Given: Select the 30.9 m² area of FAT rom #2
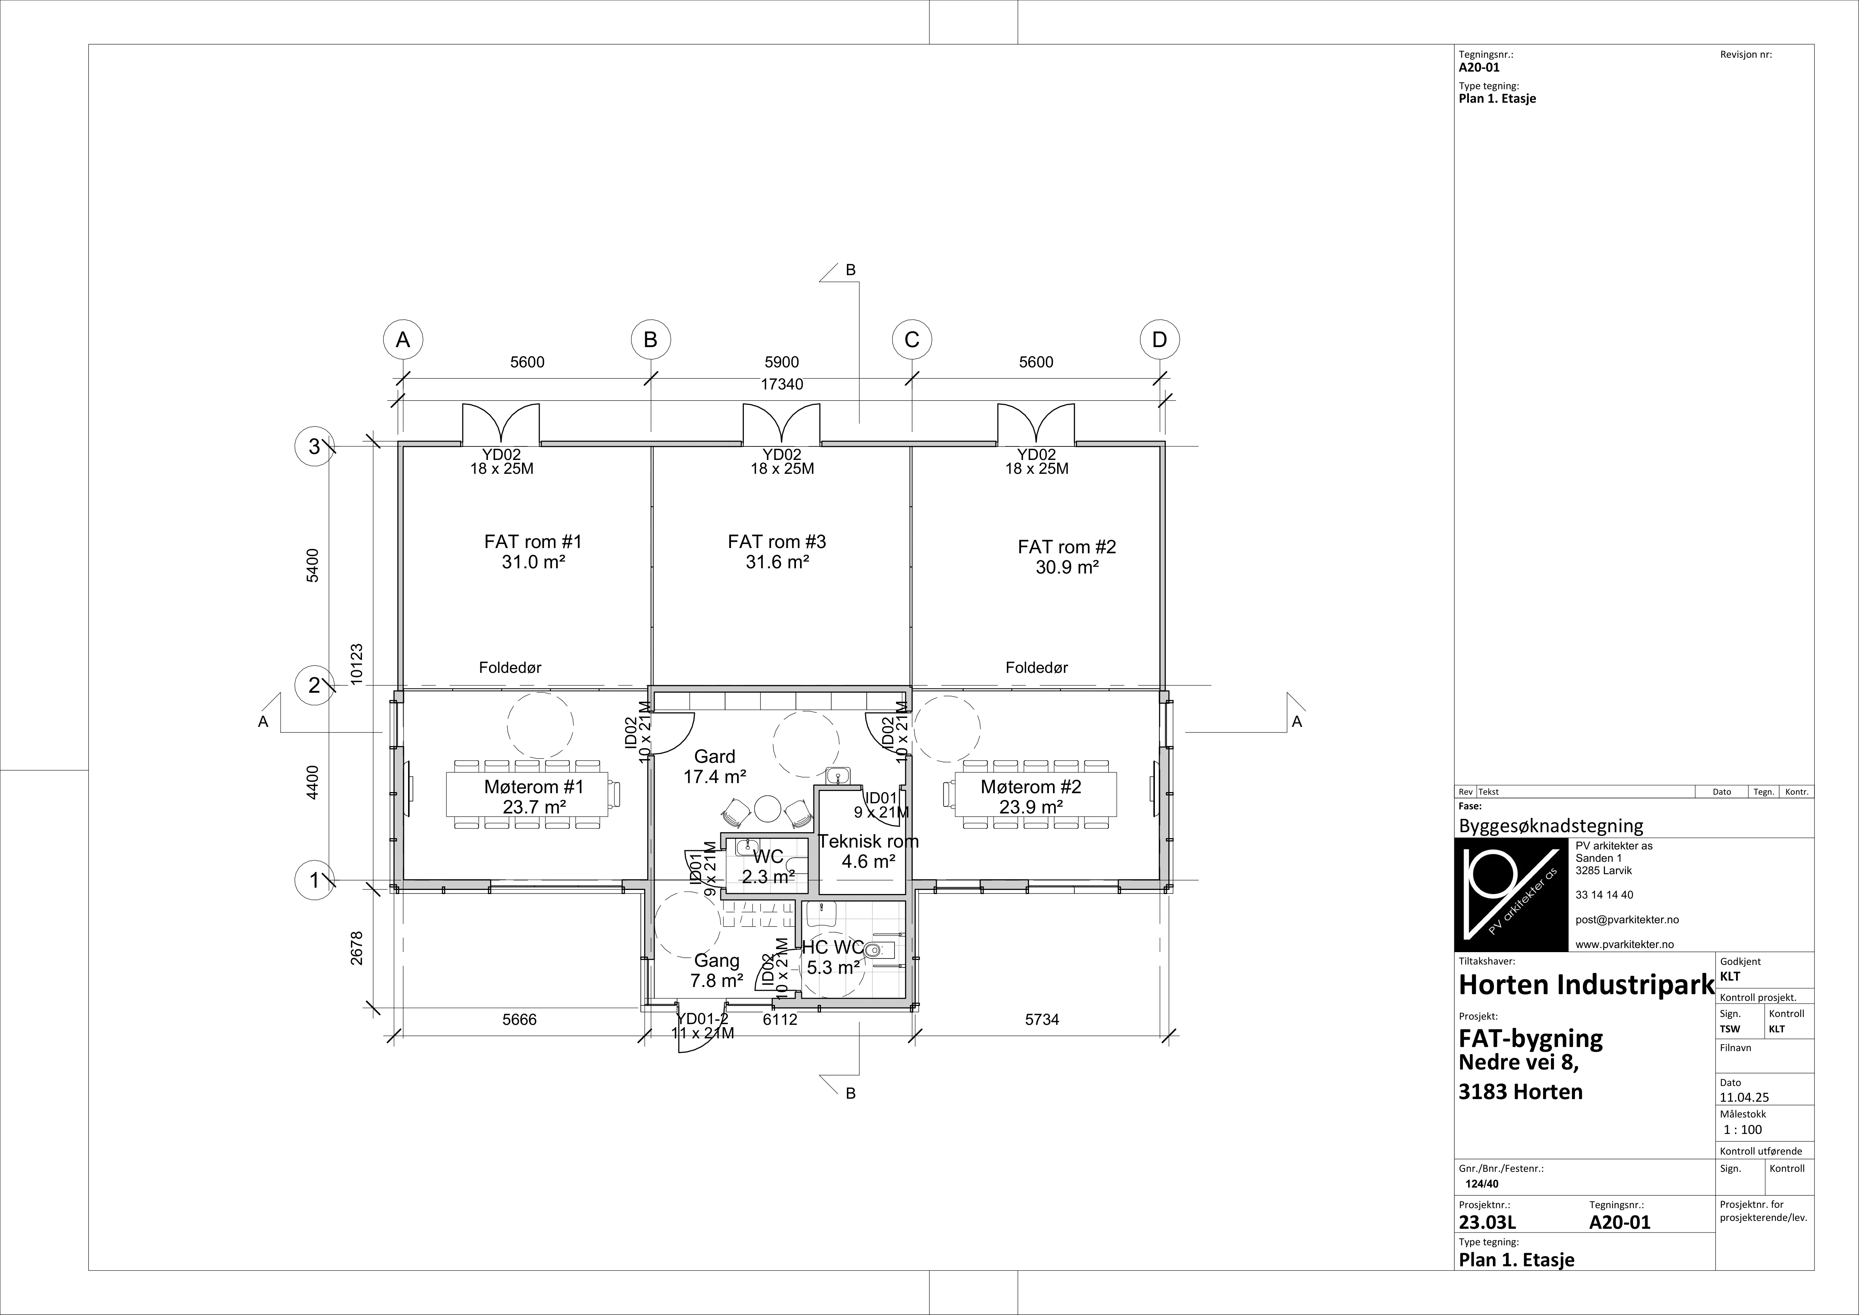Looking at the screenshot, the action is (x=1067, y=568).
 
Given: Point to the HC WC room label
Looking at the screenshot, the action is (x=833, y=947).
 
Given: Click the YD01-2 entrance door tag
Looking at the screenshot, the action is (x=703, y=1018).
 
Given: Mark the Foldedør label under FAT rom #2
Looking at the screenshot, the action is (x=1036, y=668).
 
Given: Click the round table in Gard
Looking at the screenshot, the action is (x=766, y=808).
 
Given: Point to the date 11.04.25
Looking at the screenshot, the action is (x=1744, y=1098).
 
